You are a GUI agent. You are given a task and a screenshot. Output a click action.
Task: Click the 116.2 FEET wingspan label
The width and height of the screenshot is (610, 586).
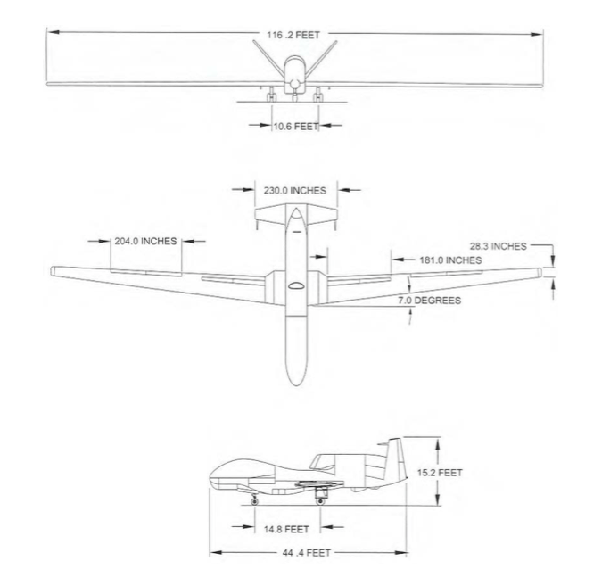293,34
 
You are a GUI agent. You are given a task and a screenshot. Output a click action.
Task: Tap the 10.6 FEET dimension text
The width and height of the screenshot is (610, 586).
295,126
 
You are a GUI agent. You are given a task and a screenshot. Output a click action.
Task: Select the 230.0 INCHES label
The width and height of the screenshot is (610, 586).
295,190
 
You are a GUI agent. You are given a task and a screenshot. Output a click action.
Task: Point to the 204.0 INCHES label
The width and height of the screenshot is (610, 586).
146,241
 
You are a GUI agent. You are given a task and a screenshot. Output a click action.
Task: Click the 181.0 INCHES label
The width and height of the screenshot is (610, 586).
450,260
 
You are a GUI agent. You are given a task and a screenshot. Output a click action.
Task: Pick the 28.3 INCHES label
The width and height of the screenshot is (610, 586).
497,245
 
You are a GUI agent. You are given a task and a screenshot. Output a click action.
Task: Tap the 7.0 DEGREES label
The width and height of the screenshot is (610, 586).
429,301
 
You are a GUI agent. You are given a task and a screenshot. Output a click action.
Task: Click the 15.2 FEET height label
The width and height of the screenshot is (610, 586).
440,472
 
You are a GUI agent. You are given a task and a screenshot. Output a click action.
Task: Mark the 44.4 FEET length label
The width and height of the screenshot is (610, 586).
307,553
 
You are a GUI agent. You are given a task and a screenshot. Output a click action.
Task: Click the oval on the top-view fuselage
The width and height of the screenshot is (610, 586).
295,286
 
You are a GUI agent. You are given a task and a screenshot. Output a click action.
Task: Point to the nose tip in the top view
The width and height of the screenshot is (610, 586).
295,384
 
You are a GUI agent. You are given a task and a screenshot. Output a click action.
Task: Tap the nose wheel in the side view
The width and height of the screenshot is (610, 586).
255,502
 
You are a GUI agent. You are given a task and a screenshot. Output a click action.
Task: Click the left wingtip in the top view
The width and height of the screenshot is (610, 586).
54,269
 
